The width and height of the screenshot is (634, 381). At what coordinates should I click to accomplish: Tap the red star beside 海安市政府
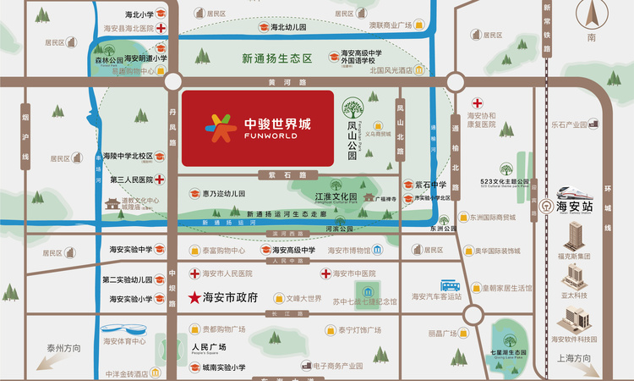(192, 297)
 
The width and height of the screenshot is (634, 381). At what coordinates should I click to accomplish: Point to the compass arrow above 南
(593, 16)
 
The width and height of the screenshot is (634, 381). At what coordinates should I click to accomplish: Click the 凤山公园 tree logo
(353, 109)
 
